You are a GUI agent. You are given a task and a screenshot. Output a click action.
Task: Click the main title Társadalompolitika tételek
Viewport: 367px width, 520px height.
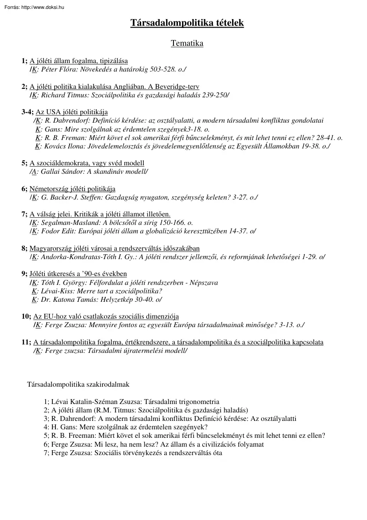point(187,23)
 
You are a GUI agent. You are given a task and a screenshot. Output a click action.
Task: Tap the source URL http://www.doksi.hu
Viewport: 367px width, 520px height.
point(39,7)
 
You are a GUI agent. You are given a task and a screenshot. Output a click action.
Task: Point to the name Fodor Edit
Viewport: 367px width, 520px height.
point(56,231)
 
